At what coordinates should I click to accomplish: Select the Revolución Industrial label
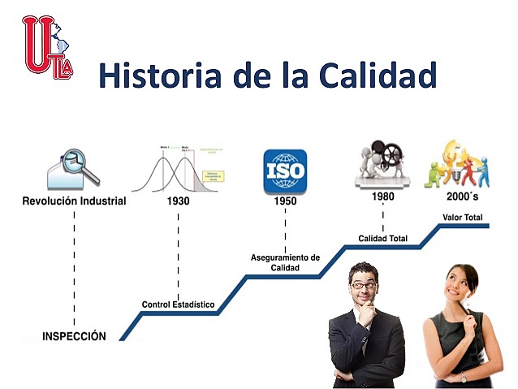point(74,201)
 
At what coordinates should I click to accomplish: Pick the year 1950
point(285,201)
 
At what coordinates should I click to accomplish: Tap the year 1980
point(383,197)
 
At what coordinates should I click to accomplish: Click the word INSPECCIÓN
point(75,335)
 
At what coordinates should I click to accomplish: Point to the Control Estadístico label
point(178,305)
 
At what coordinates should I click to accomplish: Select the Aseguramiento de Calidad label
point(285,262)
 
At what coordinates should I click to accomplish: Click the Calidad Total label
point(383,238)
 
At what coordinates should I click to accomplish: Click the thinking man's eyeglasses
point(364,285)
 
